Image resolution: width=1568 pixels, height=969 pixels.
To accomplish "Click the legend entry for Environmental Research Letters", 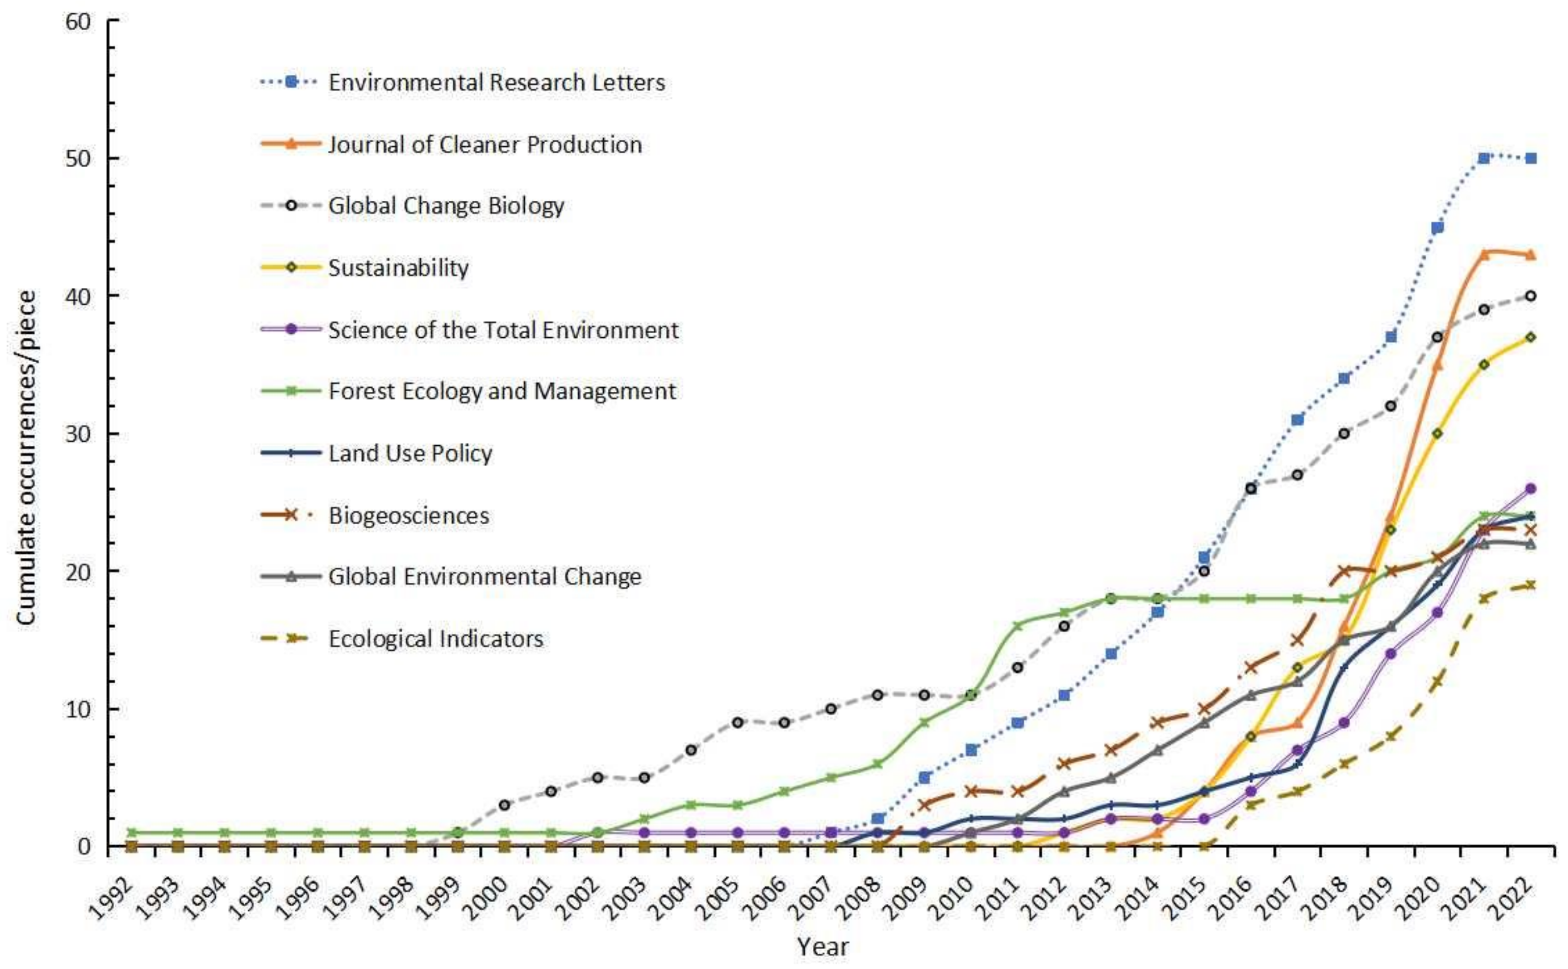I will pos(496,82).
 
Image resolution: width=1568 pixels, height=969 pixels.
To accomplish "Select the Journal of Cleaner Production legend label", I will pos(485,144).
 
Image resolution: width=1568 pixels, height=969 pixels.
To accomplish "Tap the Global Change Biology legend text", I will pos(446,206).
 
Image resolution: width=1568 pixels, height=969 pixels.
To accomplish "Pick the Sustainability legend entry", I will pos(398,267).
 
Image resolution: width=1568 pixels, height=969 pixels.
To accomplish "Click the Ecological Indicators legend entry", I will pos(435,639).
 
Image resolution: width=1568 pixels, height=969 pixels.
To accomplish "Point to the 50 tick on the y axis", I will pos(77,158).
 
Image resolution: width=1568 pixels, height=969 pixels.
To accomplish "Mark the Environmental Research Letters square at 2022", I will pos(1530,158).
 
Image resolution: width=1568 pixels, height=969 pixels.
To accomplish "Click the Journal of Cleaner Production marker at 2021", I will pos(1483,254).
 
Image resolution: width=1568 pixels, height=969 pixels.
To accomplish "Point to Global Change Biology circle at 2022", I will pos(1530,295).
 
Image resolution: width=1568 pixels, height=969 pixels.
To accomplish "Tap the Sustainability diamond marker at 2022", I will pos(1530,337).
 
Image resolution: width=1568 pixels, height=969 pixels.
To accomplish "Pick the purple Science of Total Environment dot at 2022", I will pos(1530,489).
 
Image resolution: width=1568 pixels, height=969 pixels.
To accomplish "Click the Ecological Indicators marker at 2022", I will pos(1530,584).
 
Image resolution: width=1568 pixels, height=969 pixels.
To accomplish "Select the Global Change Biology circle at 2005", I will pos(737,722).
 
